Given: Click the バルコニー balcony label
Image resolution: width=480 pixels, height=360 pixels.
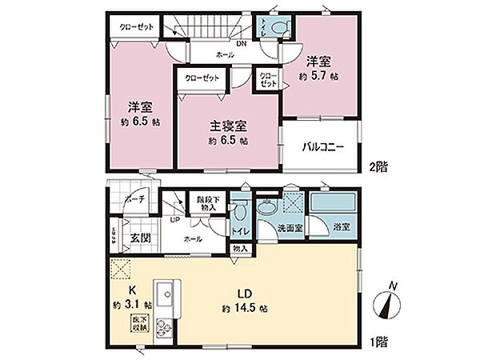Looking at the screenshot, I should tap(322, 147).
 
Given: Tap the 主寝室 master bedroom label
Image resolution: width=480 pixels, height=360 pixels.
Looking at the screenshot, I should tap(228, 126).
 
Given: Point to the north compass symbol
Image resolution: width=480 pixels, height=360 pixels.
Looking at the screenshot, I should tap(390, 304).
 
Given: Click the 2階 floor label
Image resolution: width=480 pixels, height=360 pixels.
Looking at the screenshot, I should tap(380, 169).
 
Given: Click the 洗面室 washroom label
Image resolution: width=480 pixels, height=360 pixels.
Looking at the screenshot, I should tap(289, 228).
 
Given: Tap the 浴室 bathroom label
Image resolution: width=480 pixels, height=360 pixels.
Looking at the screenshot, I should tap(341, 228).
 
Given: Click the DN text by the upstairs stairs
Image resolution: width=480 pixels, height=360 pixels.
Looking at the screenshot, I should tap(241, 43).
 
